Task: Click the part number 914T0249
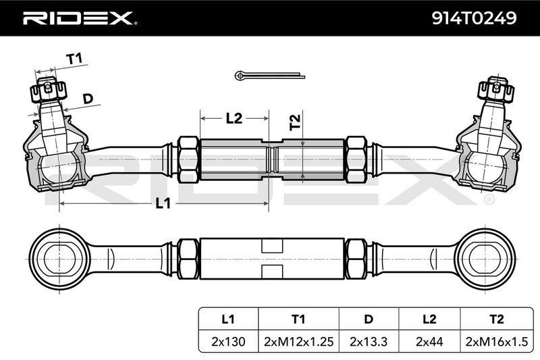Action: [x=475, y=18]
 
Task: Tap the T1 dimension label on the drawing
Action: [x=74, y=59]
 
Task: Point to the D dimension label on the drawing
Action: [x=88, y=99]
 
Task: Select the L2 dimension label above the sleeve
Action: [x=234, y=118]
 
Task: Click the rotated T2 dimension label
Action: [x=295, y=122]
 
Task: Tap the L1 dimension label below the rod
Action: [x=163, y=203]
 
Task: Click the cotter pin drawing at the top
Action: [x=269, y=75]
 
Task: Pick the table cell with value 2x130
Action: [x=228, y=341]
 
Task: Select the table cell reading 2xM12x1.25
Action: [x=298, y=341]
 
